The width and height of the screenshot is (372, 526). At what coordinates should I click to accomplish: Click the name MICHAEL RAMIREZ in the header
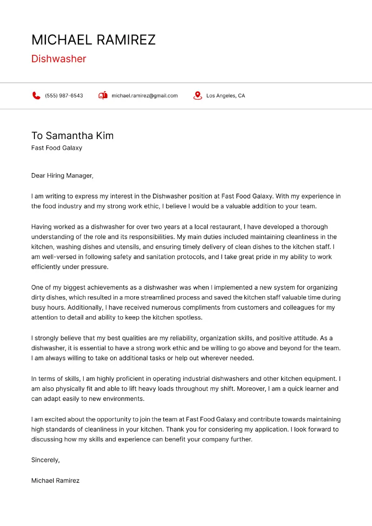(93, 40)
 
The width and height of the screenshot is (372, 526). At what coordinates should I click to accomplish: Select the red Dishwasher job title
(59, 59)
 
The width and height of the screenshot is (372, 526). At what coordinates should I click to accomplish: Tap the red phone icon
(36, 96)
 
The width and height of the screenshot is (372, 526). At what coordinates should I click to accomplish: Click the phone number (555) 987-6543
(64, 96)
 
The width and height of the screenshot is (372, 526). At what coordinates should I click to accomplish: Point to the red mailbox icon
(103, 96)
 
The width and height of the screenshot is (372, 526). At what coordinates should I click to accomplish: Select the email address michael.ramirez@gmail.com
(145, 96)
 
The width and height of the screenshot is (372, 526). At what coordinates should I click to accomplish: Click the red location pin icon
(198, 96)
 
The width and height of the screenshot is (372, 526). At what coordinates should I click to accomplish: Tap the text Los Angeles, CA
(226, 96)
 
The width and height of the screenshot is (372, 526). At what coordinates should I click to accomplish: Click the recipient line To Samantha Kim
(73, 136)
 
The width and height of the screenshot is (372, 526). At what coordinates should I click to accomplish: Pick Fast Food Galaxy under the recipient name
(57, 148)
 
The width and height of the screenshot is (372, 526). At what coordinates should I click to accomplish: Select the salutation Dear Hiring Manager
(62, 176)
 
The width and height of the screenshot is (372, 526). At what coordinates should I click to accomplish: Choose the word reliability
(166, 338)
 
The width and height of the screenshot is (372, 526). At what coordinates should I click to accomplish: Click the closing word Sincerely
(45, 460)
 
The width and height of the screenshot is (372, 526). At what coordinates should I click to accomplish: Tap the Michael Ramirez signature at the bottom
(55, 480)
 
